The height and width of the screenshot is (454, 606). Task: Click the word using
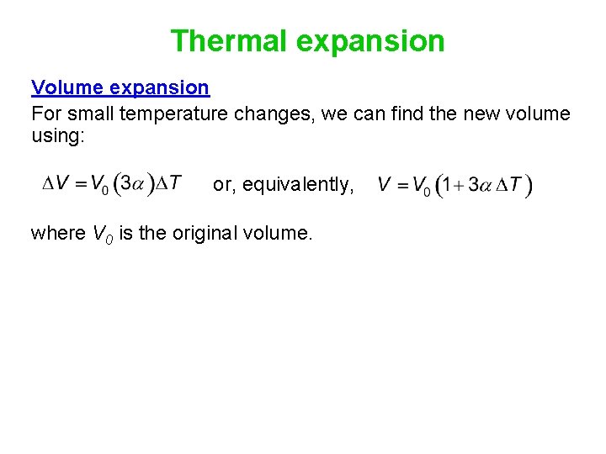coord(57,135)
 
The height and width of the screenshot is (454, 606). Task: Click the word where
coord(56,233)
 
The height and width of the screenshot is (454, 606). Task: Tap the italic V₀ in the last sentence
coord(101,234)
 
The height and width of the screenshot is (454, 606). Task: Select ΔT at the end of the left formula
coord(167,183)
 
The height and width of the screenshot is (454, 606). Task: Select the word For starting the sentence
coord(45,113)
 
